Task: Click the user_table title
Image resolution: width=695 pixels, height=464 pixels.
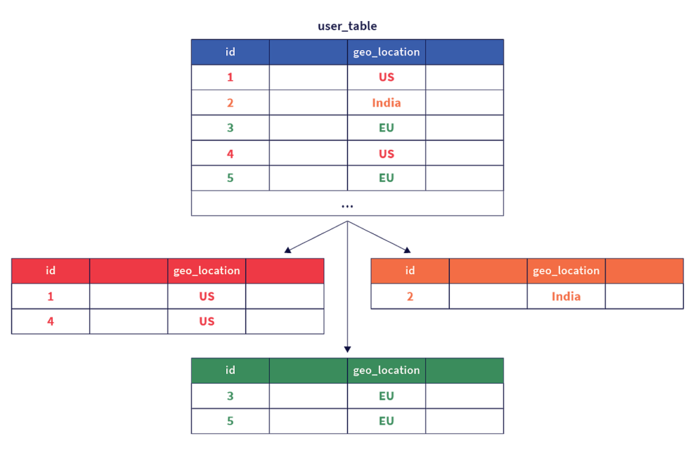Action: click(347, 26)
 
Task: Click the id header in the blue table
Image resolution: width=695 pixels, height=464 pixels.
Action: click(230, 52)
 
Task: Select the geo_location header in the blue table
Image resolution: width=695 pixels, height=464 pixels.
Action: click(386, 52)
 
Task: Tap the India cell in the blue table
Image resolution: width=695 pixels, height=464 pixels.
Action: click(386, 103)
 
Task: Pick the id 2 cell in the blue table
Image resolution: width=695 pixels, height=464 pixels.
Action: click(230, 103)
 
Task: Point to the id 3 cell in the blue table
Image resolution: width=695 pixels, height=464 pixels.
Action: click(230, 128)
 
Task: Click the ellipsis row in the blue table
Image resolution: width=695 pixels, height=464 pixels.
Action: click(347, 204)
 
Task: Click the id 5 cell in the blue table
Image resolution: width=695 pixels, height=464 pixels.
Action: click(230, 178)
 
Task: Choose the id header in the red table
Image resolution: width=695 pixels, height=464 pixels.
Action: click(50, 271)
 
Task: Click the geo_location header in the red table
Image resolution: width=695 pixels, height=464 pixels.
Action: click(206, 271)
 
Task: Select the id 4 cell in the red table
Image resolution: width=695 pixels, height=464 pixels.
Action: click(50, 322)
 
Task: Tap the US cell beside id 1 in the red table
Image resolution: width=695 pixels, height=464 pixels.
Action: click(206, 296)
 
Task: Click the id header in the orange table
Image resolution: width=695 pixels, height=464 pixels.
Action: click(410, 271)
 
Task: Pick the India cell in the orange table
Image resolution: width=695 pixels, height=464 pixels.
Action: click(566, 296)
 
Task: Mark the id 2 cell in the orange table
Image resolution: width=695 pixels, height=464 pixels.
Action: click(410, 296)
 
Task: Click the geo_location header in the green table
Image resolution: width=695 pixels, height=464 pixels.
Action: click(386, 370)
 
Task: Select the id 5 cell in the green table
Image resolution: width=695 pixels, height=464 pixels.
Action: click(230, 421)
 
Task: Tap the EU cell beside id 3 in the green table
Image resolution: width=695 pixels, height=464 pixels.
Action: click(386, 395)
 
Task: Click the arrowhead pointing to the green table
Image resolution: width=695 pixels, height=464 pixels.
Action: click(347, 349)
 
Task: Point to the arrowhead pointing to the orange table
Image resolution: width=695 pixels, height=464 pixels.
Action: click(408, 250)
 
